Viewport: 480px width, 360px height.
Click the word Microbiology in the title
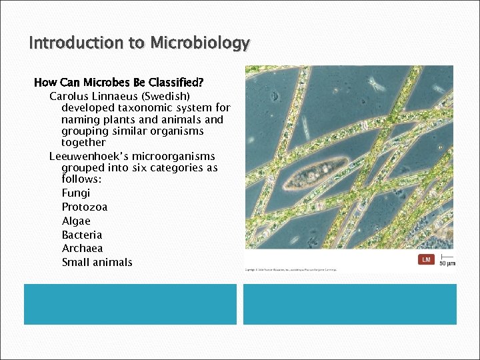pyautogui.click(x=200, y=43)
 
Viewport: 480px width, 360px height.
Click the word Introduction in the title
pyautogui.click(x=77, y=43)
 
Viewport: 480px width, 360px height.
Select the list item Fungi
pyautogui.click(x=75, y=193)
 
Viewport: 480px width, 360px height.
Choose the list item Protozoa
pyautogui.click(x=85, y=207)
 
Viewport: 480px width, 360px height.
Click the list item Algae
pyautogui.click(x=76, y=221)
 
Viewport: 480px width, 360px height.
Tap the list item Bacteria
pyautogui.click(x=82, y=235)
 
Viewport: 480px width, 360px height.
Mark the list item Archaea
pyautogui.click(x=83, y=248)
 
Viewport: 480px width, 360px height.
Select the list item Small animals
pyautogui.click(x=97, y=262)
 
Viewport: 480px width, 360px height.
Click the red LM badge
pyautogui.click(x=426, y=259)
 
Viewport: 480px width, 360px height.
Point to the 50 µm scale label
pyautogui.click(x=447, y=263)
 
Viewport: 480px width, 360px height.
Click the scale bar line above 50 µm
pyautogui.click(x=447, y=257)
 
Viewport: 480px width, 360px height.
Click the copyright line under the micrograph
pyautogui.click(x=291, y=270)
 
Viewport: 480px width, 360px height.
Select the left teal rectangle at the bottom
pyautogui.click(x=130, y=304)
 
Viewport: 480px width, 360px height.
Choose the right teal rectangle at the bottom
pyautogui.click(x=350, y=304)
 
